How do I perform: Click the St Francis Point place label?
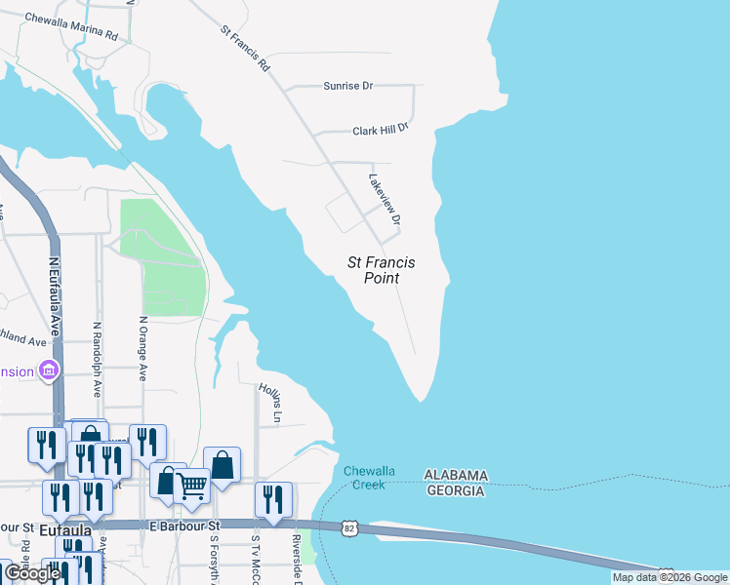[382, 270]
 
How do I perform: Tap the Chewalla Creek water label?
[370, 478]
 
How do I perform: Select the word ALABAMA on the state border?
[456, 475]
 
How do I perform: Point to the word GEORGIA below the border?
[455, 490]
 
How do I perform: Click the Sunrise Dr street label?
[348, 86]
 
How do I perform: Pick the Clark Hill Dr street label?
[380, 129]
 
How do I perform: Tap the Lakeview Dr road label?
[385, 199]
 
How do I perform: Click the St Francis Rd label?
[245, 52]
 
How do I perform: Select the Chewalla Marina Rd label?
[70, 26]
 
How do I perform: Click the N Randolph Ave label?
[97, 359]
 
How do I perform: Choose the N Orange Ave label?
[142, 347]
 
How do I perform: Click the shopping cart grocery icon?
[191, 485]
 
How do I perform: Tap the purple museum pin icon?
[48, 370]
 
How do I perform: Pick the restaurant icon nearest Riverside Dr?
[273, 498]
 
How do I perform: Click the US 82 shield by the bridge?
[348, 527]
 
